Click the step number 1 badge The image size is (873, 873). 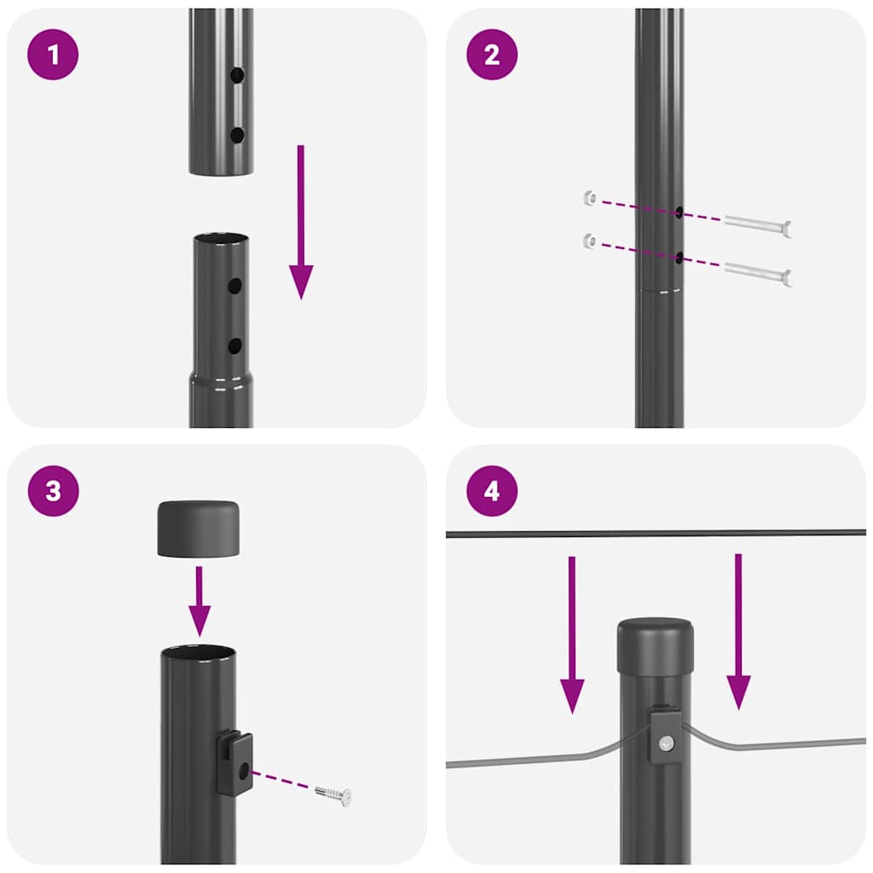tap(54, 55)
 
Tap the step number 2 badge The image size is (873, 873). tap(491, 55)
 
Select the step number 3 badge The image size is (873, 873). tap(54, 491)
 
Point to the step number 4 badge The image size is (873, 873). tap(491, 491)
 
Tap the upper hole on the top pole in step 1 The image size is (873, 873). tap(237, 76)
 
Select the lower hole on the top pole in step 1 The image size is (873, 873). tap(237, 135)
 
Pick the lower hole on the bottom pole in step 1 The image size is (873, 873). tap(234, 345)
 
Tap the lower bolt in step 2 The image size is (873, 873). tap(758, 274)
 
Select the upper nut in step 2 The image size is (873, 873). tap(588, 199)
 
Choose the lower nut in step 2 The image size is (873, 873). tap(588, 240)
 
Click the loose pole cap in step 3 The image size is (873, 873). tap(198, 529)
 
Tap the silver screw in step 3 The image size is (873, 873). tap(333, 795)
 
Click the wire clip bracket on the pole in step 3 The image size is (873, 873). tap(234, 762)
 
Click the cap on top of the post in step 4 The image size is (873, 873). tap(655, 645)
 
